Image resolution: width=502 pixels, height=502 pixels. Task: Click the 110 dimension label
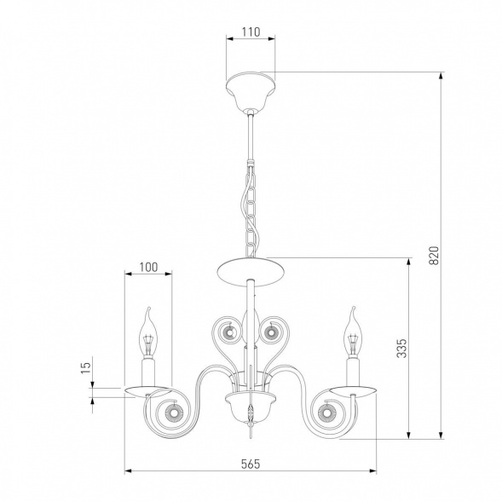pos(251,32)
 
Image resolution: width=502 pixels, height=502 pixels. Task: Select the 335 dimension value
pos(401,348)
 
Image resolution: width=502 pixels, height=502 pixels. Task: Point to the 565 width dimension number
pos(251,464)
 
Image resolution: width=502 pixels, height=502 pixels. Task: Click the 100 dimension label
pos(148,267)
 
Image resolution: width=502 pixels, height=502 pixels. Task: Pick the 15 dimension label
pos(86,368)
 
